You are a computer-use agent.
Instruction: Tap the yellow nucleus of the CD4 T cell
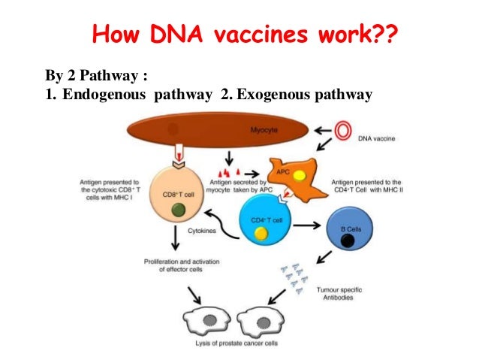pos(261,234)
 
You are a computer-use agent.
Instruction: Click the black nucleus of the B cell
pos(348,241)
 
